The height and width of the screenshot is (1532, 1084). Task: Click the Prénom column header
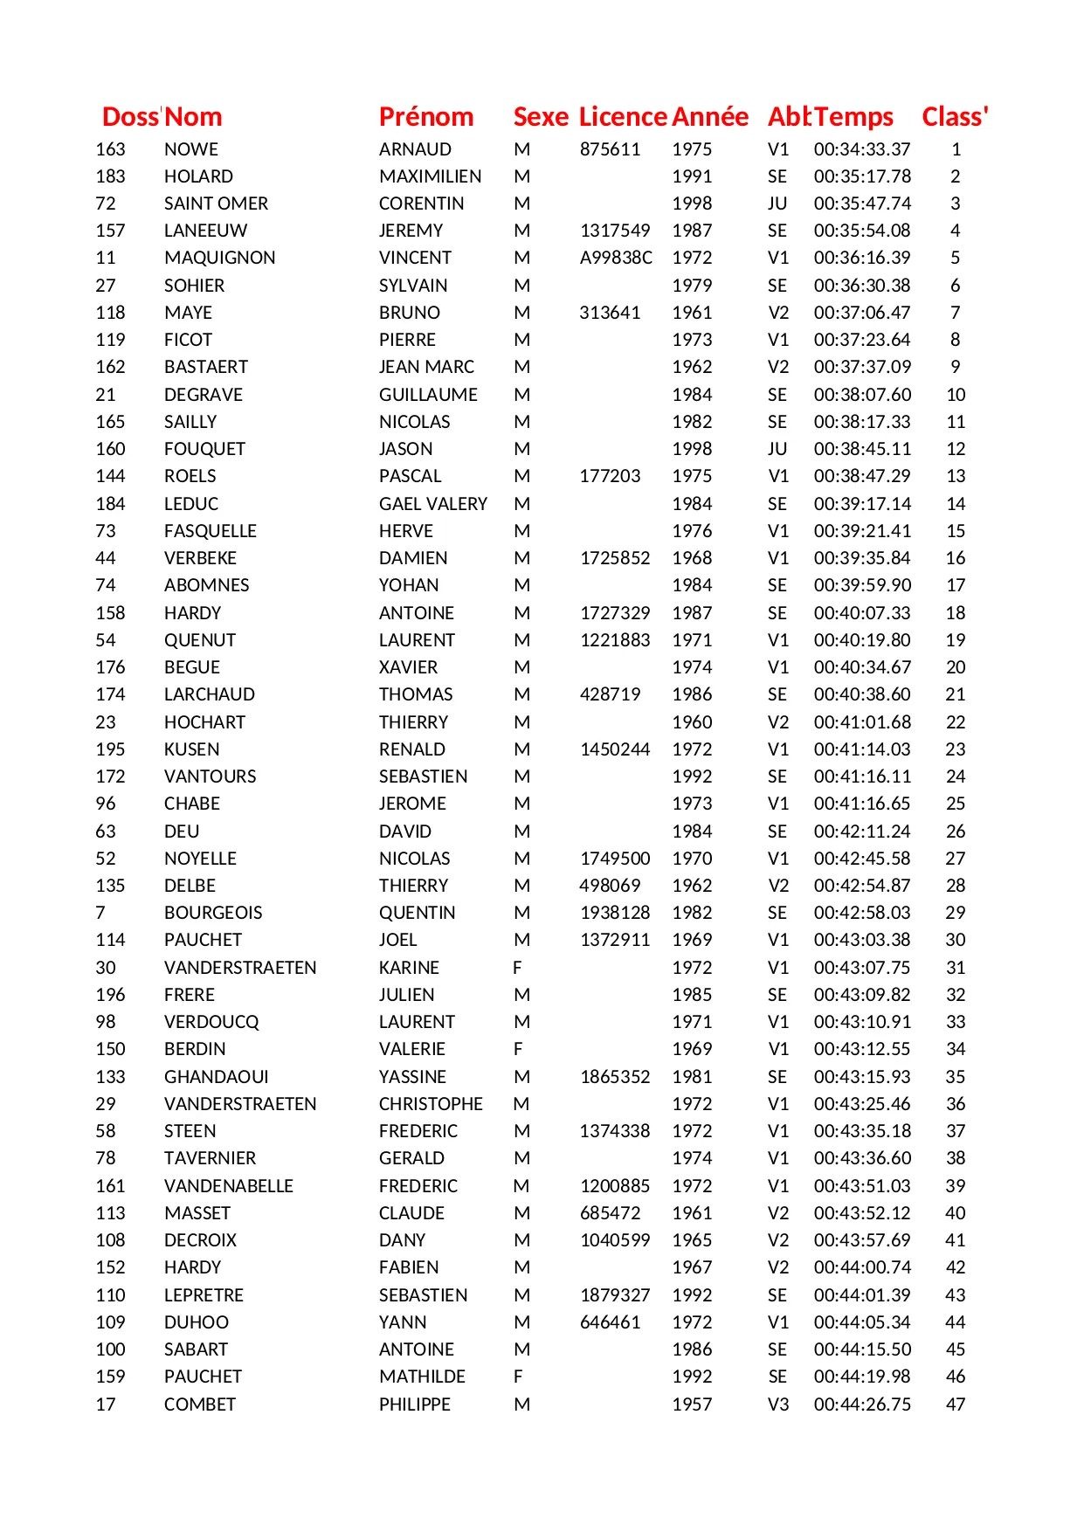[426, 117]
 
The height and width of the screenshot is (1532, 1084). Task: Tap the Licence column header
[623, 117]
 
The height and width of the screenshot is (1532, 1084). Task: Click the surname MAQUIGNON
[219, 258]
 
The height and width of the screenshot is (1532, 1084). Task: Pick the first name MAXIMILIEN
[430, 176]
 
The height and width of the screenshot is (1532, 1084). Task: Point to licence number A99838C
[616, 258]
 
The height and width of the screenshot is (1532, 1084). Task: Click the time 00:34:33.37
[862, 149]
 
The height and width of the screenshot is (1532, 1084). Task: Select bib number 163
[110, 149]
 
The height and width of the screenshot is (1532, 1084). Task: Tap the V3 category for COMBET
[777, 1404]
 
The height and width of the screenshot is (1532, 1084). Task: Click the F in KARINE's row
[518, 968]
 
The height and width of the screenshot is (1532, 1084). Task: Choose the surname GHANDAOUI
[217, 1077]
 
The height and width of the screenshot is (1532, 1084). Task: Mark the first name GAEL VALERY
[433, 504]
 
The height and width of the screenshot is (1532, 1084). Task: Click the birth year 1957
[692, 1404]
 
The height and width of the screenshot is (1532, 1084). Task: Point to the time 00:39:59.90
[862, 585]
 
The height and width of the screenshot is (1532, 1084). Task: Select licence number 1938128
[615, 913]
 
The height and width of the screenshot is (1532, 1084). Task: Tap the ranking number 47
[956, 1404]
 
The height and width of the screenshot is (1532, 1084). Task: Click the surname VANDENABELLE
[229, 1186]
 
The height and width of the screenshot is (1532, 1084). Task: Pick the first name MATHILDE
[422, 1377]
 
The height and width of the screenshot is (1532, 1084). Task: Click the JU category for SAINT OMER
[777, 204]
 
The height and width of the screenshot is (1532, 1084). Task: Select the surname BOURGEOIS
[213, 913]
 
